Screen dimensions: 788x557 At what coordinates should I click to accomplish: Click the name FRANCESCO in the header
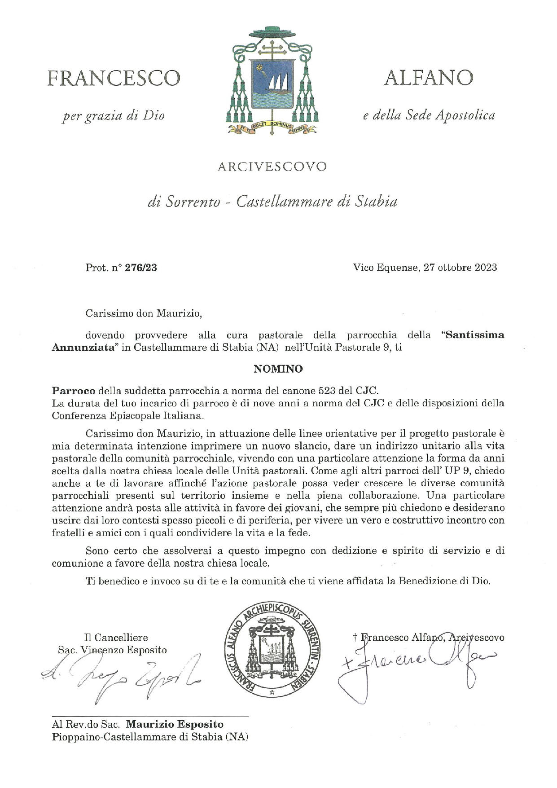[x=114, y=78]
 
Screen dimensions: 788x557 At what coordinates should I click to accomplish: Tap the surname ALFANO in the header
[x=428, y=78]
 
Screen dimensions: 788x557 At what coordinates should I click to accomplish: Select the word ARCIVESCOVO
[x=272, y=167]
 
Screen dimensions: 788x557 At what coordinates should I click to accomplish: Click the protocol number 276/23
[x=141, y=268]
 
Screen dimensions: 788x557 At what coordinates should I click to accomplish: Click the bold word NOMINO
[x=278, y=369]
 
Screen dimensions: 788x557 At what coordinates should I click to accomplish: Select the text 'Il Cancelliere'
[x=116, y=637]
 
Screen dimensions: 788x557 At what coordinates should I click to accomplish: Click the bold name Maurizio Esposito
[x=175, y=724]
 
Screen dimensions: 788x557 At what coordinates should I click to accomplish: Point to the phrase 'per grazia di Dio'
[x=114, y=116]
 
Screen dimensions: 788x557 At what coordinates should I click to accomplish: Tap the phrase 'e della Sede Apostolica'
[x=428, y=116]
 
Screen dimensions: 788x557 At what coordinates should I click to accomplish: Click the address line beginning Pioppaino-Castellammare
[x=150, y=737]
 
